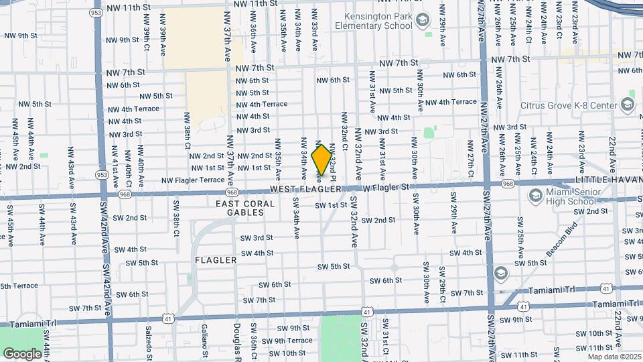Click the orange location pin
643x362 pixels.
321,160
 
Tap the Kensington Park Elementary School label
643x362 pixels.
378,21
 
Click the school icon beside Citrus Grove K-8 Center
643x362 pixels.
627,105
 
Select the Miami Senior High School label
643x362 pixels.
571,196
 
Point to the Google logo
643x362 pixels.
22,353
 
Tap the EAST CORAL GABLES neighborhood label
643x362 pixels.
245,208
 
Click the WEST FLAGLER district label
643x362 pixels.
306,190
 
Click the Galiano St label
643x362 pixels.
205,335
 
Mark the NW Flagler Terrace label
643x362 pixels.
192,180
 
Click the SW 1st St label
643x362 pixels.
331,204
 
